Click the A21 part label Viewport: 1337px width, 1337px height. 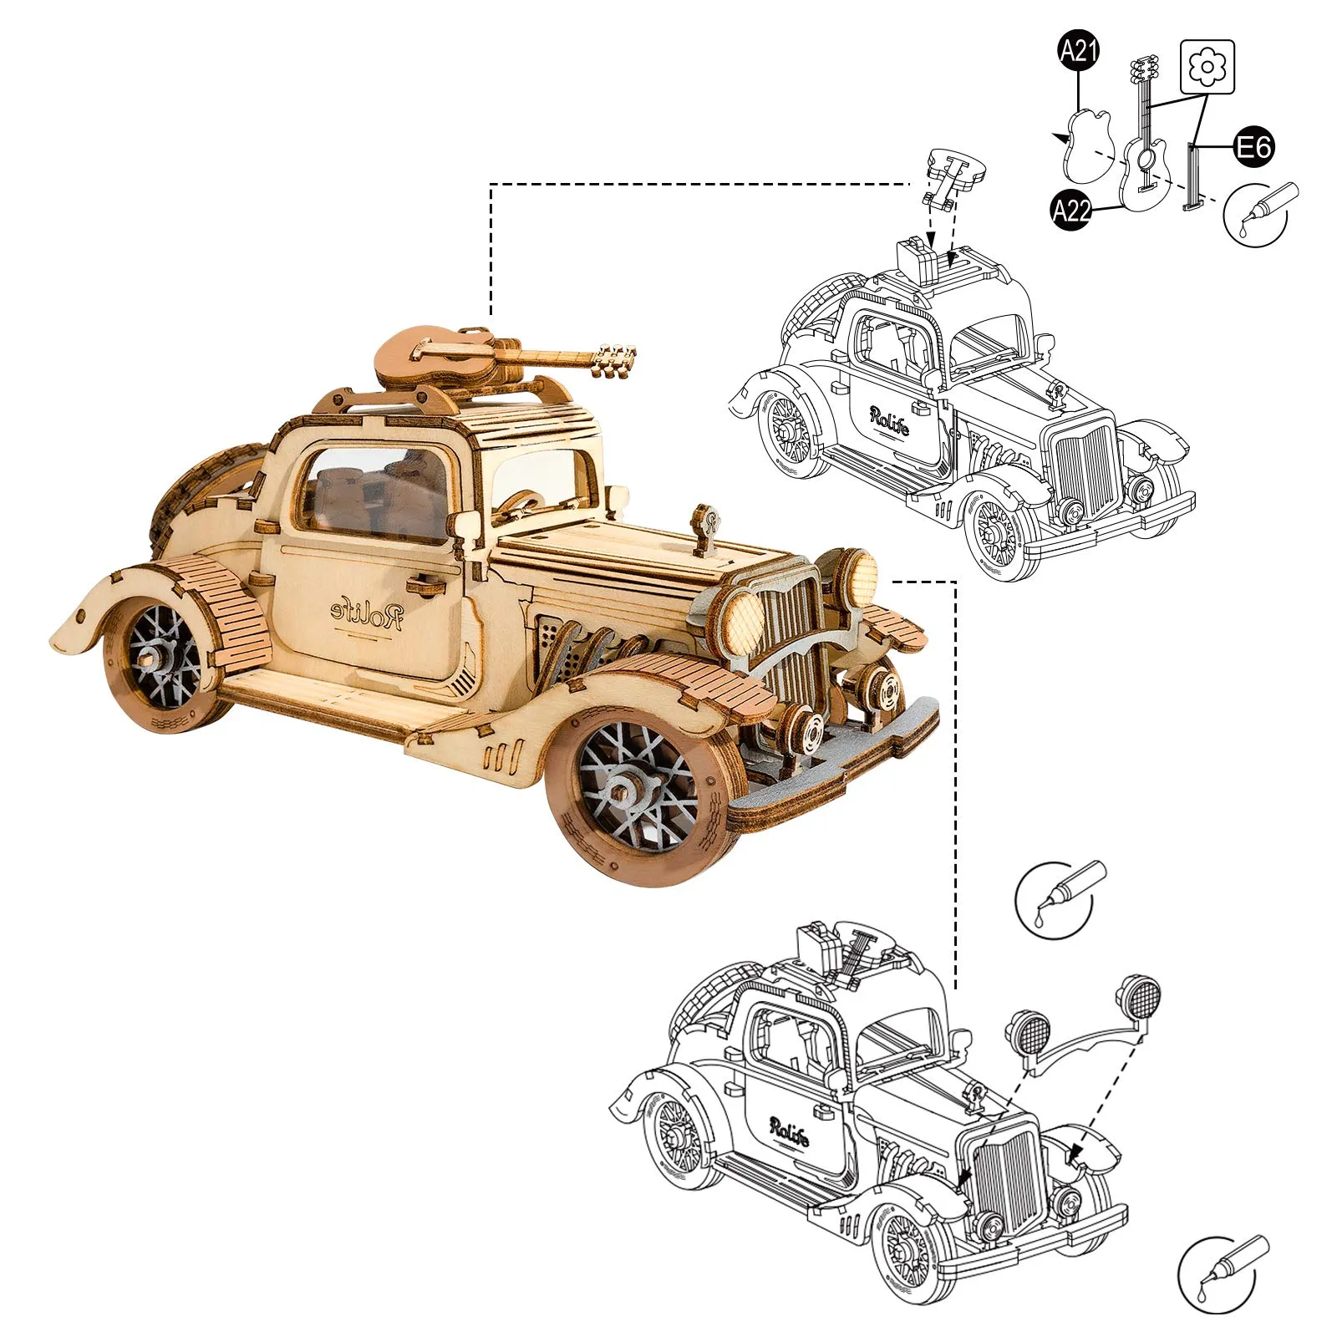[1078, 52]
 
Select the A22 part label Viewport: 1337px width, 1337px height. [1071, 210]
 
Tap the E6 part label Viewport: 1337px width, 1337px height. [1254, 147]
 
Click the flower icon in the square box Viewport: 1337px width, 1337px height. [1207, 66]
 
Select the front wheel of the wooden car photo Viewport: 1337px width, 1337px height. [639, 790]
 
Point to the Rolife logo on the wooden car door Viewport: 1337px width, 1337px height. [368, 613]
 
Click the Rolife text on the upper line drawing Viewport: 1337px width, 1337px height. [889, 420]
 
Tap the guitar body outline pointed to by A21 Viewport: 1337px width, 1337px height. [1087, 147]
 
